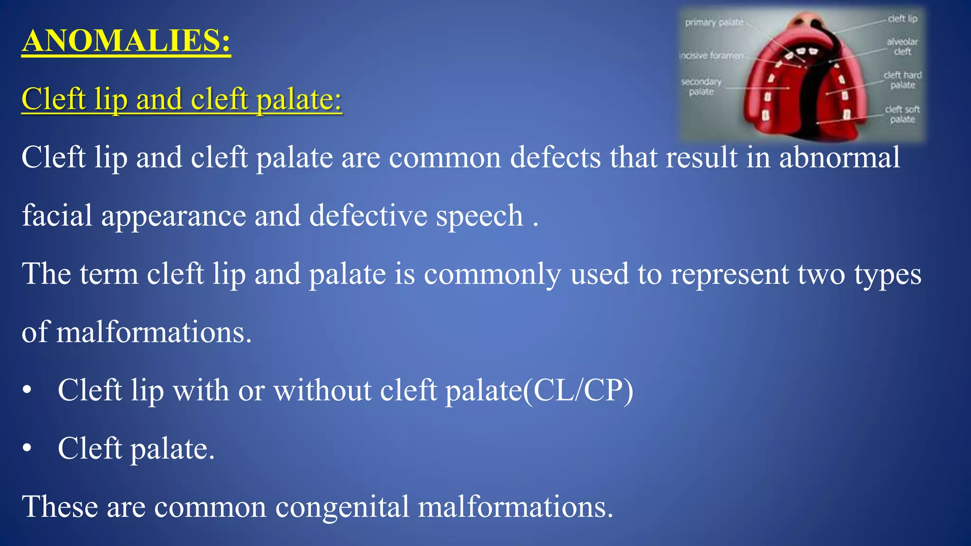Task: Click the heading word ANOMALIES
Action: (126, 41)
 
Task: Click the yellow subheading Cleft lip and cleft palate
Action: (182, 100)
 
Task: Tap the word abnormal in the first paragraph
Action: (839, 158)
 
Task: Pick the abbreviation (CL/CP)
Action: (578, 391)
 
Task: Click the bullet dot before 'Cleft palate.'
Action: (27, 448)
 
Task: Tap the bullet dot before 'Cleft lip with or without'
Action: (27, 390)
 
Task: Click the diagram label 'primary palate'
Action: (714, 22)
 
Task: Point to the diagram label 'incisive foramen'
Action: (711, 56)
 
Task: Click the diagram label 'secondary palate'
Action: (701, 87)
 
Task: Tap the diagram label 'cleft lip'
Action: (902, 19)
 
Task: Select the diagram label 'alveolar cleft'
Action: (902, 46)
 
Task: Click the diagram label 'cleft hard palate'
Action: (902, 80)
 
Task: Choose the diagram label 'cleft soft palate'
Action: (902, 114)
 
